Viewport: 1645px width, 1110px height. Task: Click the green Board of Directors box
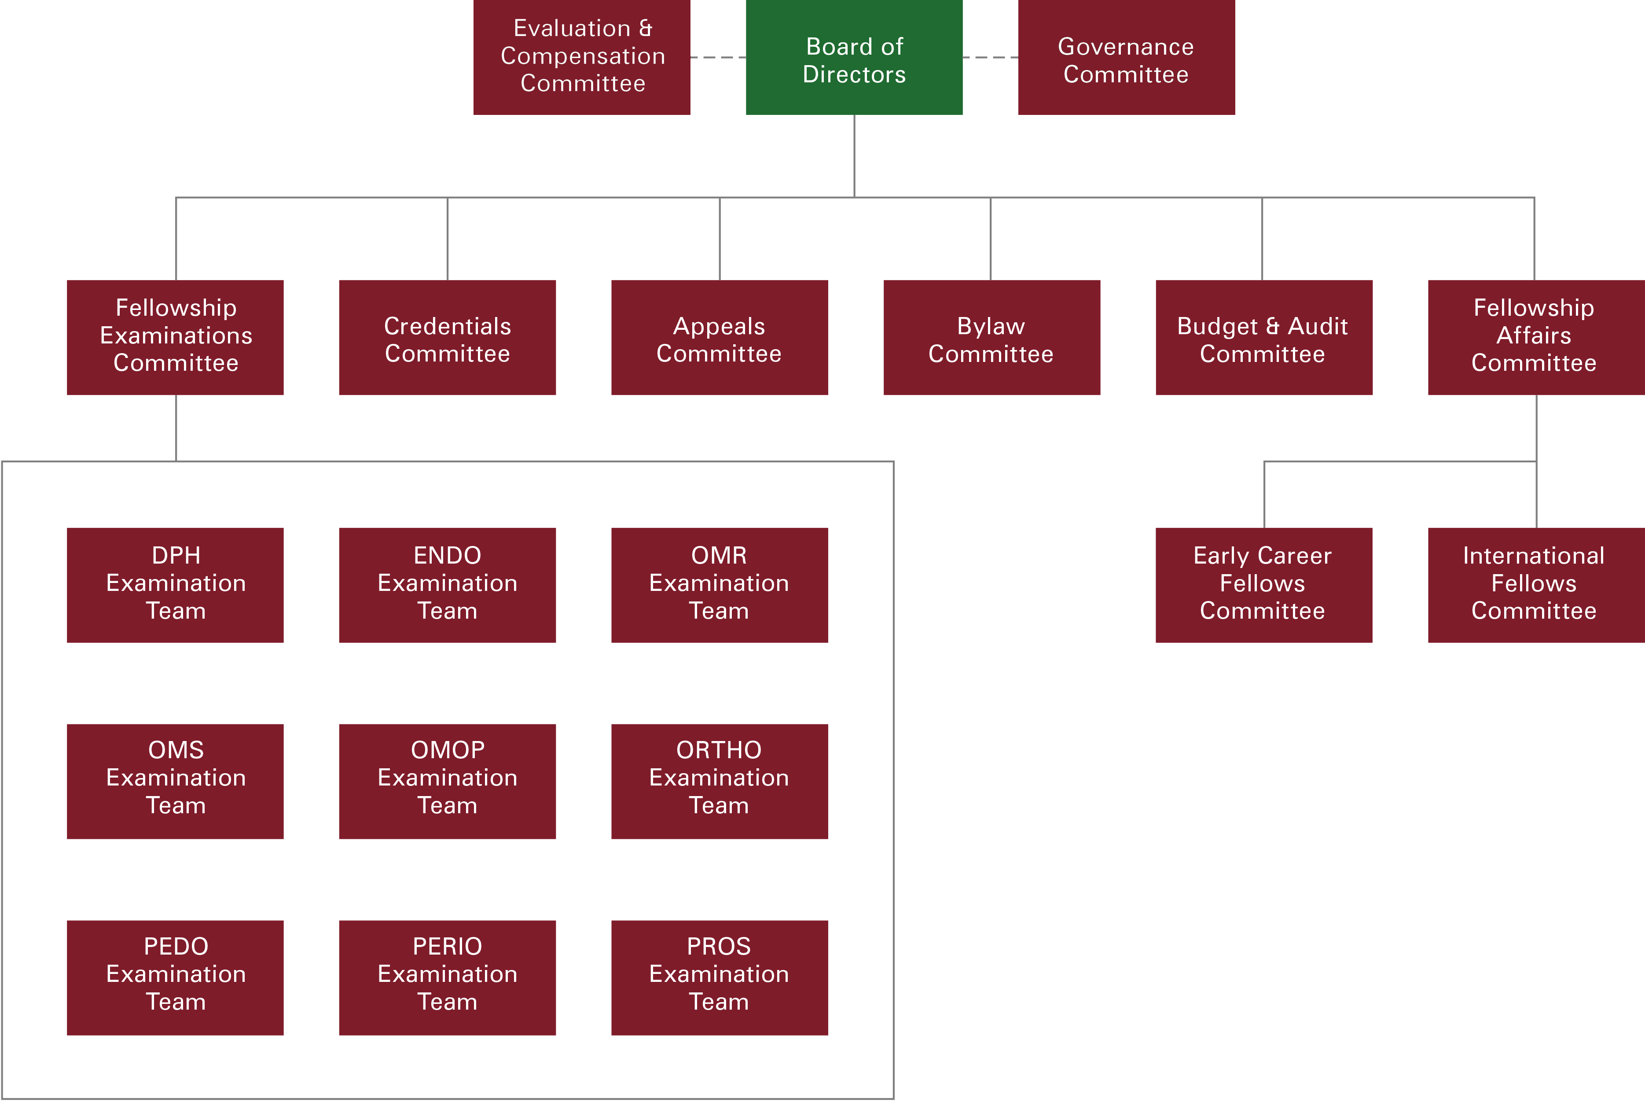(854, 58)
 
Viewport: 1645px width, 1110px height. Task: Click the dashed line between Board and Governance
(990, 57)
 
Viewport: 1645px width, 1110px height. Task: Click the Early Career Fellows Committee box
(1263, 585)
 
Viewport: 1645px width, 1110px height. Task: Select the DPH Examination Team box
(176, 585)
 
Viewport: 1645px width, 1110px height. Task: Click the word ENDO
(447, 556)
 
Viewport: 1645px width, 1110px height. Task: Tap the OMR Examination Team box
(719, 585)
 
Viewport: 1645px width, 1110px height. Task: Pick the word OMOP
(447, 750)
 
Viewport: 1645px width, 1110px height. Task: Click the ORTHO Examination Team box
(719, 781)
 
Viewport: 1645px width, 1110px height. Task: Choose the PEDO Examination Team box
(176, 977)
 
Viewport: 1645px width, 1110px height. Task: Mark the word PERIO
(447, 947)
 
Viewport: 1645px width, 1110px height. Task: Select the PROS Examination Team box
(719, 977)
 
